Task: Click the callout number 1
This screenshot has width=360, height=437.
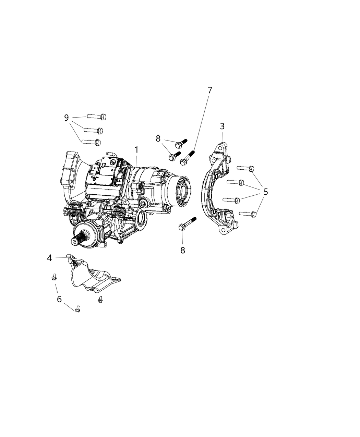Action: [x=136, y=150]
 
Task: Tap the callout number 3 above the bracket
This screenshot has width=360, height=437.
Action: [x=222, y=126]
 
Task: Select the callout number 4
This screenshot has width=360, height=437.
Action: [x=50, y=258]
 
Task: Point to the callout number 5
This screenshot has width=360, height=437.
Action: [x=266, y=192]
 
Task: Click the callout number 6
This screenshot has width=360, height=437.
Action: [x=59, y=299]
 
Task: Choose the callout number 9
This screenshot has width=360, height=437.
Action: [x=67, y=118]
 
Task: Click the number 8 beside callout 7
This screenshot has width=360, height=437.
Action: [x=158, y=138]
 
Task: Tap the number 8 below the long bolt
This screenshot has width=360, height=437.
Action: [x=183, y=251]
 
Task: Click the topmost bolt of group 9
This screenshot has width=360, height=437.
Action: [x=97, y=117]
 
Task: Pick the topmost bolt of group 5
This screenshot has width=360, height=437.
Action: [x=245, y=168]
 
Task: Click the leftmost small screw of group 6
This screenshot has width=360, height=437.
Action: [x=54, y=277]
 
